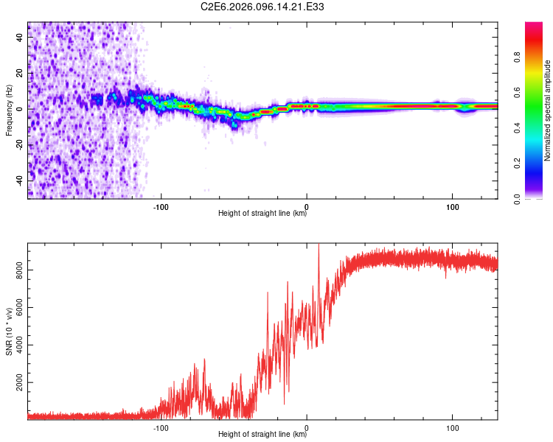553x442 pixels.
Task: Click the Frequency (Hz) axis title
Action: (9, 110)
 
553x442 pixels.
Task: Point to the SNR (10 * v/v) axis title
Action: (9, 331)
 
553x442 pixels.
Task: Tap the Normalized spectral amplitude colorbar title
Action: (548, 110)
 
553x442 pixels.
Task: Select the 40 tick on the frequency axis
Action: (20, 38)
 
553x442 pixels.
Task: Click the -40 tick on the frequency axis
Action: (18, 180)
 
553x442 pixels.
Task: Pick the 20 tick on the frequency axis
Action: (20, 74)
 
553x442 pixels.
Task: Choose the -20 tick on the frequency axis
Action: (18, 145)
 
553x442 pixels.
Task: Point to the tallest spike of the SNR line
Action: (319, 245)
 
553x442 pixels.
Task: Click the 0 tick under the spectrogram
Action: (307, 206)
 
